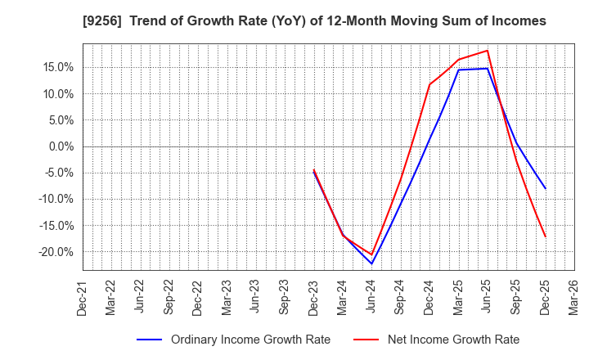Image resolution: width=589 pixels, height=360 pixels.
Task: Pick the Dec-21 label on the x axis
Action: point(83,297)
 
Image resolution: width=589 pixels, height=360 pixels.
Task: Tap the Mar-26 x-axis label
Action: point(574,297)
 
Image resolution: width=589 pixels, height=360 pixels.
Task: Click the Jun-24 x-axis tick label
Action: point(371,297)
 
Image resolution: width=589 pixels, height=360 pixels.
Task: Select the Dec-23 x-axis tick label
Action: point(313,297)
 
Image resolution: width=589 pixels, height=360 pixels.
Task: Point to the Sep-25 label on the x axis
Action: point(516,297)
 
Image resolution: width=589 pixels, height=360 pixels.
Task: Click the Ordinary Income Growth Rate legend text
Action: point(250,340)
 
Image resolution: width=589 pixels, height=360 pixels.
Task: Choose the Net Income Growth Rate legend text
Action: point(452,340)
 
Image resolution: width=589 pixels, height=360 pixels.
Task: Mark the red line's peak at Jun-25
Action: point(488,51)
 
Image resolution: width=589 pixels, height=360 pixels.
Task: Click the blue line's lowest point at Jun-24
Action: point(371,263)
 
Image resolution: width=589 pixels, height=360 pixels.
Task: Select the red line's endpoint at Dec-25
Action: point(546,237)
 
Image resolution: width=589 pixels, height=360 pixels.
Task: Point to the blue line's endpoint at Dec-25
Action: point(546,189)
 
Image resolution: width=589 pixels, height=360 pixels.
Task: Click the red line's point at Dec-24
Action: point(429,84)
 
